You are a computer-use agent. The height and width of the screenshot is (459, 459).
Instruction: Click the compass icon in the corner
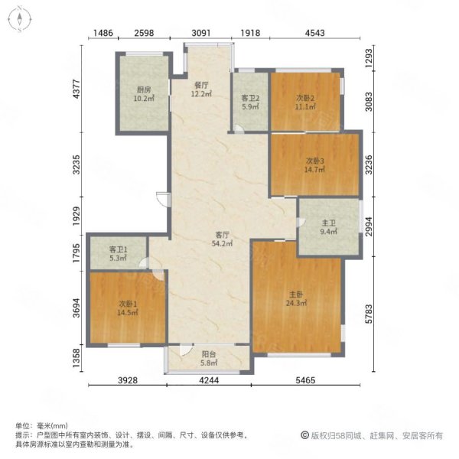[19, 19]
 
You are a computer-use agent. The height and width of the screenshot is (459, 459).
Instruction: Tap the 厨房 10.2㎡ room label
[144, 94]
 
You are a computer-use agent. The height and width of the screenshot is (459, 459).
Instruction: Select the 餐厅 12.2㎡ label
[201, 90]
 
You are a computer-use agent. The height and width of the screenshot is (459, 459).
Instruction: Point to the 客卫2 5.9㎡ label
[250, 103]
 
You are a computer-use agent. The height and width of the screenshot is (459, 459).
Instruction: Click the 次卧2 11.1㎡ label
[305, 103]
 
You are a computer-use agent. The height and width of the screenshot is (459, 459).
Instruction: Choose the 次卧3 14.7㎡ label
[314, 165]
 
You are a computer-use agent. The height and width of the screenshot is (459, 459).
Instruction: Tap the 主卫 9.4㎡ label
[328, 227]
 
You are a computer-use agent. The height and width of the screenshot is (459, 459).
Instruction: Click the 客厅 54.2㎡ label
[222, 239]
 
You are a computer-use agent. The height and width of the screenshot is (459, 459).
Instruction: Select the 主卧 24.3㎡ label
[296, 298]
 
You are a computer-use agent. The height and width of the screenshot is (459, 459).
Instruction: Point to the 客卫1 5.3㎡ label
[118, 254]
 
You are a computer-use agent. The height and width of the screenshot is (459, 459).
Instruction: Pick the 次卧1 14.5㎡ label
[128, 308]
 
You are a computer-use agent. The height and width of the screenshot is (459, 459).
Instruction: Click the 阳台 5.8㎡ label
[209, 358]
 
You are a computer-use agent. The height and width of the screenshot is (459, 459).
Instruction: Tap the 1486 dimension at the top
[103, 33]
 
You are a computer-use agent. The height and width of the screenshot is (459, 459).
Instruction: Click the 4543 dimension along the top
[314, 33]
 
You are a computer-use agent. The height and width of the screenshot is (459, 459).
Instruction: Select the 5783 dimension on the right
[369, 314]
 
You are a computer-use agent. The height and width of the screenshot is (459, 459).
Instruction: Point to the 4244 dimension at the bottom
[209, 380]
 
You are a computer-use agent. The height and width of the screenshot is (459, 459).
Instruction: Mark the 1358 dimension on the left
[76, 359]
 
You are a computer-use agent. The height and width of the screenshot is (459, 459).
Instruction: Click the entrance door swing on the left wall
[163, 199]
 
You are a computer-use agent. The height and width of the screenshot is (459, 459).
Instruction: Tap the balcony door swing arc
[186, 350]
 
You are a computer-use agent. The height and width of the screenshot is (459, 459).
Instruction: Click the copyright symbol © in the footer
[304, 435]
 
